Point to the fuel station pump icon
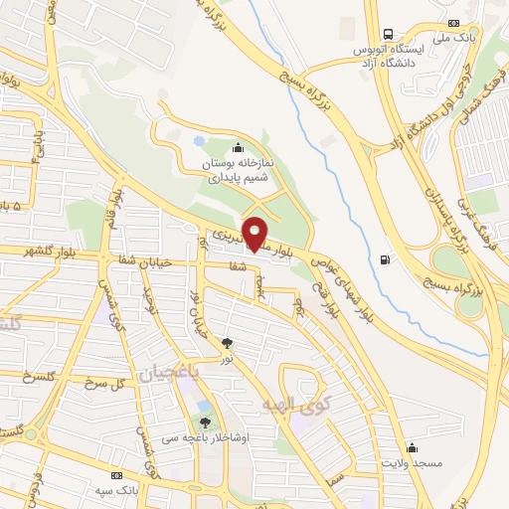(384, 261)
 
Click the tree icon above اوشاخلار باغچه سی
(205, 423)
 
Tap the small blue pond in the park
(199, 142)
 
